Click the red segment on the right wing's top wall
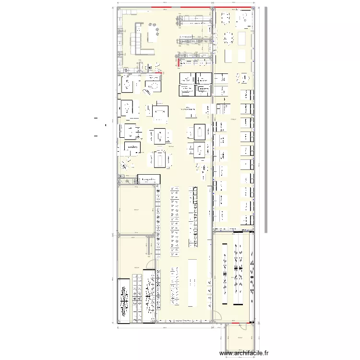click(234, 8)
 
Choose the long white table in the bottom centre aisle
click(192, 282)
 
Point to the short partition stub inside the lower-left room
click(147, 247)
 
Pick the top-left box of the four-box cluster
click(186, 78)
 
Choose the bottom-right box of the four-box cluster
click(203, 90)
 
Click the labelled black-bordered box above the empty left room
click(148, 179)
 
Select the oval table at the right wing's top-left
click(226, 19)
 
